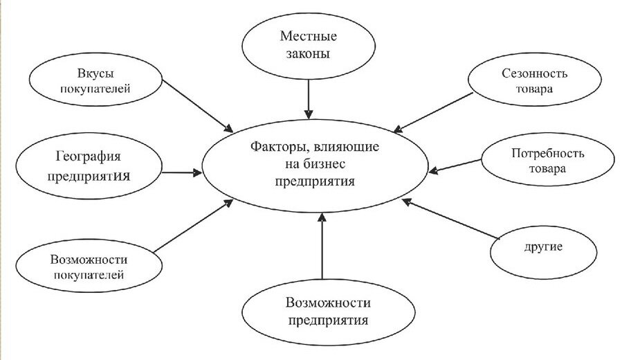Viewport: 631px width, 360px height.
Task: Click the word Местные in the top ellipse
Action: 309,35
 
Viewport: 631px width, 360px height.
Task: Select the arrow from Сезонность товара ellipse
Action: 432,111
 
